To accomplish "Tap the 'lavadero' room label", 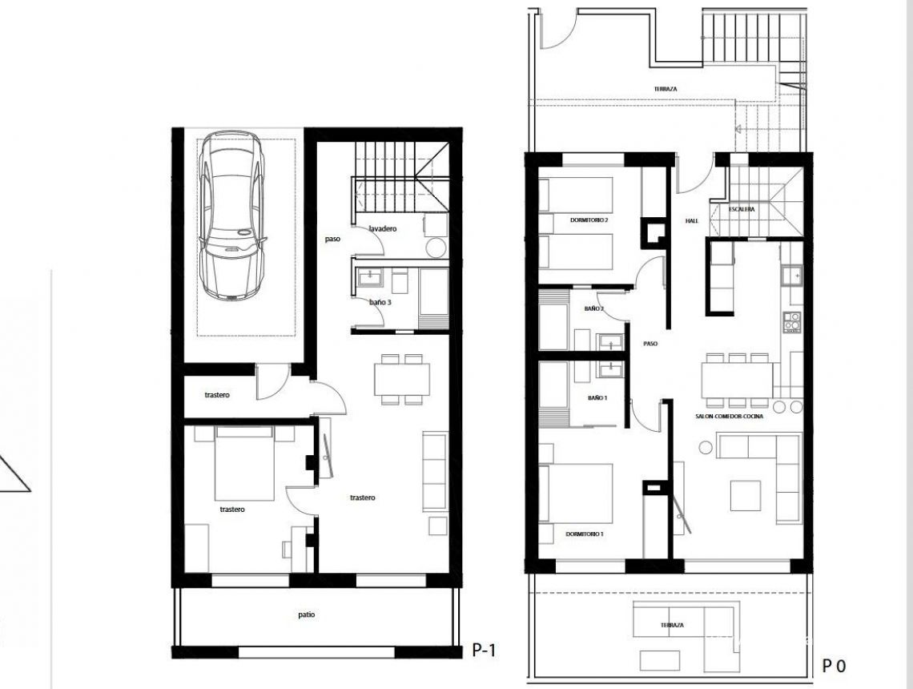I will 382,229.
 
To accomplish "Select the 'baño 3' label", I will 380,302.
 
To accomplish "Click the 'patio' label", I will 305,614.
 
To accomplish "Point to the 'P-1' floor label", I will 484,651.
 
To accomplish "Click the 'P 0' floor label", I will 834,665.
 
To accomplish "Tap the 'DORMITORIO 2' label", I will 589,220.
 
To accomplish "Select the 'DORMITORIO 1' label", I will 585,534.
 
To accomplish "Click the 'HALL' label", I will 692,220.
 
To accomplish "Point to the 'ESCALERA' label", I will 742,209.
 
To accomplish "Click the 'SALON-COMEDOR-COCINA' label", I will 729,417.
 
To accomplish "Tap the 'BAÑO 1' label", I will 597,397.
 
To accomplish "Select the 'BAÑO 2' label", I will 593,308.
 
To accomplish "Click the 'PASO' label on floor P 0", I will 650,343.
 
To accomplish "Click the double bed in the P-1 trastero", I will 243,463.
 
